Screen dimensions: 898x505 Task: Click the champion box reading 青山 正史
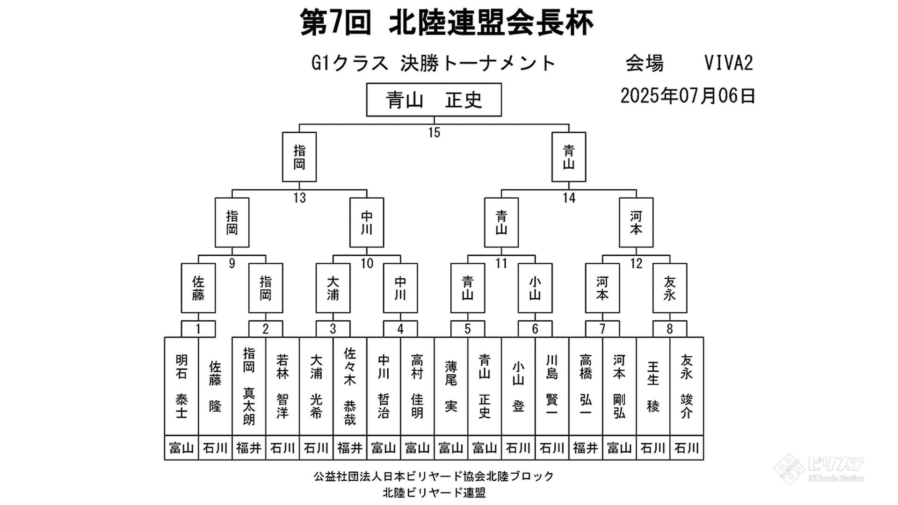click(434, 100)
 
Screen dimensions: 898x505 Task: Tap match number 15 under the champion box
click(434, 133)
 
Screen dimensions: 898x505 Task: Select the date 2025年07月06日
click(688, 96)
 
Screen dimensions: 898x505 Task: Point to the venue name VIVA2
click(729, 63)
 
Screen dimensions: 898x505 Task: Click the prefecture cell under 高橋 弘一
click(586, 448)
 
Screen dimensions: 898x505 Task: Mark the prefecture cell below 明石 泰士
click(181, 448)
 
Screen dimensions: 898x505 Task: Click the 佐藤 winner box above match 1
click(198, 288)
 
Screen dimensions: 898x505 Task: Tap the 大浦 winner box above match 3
click(333, 288)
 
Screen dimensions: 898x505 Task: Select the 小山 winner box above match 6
click(535, 288)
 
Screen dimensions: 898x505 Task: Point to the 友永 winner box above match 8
click(670, 288)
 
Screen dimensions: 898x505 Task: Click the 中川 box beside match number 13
click(367, 223)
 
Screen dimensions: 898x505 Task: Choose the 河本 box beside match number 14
click(636, 223)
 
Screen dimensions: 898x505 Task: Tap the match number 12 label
click(636, 264)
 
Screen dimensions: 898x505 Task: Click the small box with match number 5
click(468, 329)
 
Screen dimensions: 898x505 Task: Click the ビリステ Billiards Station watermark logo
click(819, 468)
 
